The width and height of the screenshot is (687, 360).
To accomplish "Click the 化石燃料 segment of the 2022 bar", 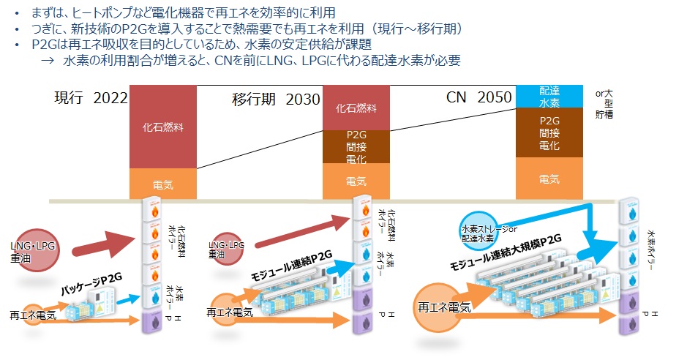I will (163, 127).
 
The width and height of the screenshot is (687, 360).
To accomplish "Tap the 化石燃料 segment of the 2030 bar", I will (356, 108).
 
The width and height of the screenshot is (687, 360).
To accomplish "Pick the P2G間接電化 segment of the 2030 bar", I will (356, 146).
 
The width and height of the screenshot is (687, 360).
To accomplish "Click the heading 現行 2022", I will (91, 99).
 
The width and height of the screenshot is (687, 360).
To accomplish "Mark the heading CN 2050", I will (478, 99).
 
